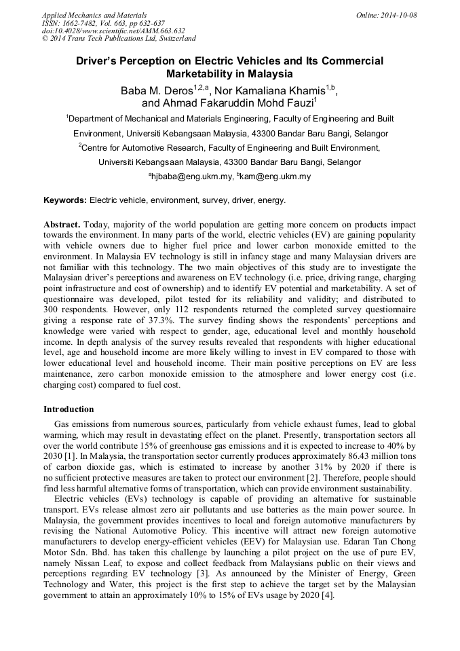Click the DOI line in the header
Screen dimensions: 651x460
113,31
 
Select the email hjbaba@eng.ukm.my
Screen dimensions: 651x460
192,176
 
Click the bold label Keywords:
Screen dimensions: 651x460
65,200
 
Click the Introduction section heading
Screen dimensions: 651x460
69,409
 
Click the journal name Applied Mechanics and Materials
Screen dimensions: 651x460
94,15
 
